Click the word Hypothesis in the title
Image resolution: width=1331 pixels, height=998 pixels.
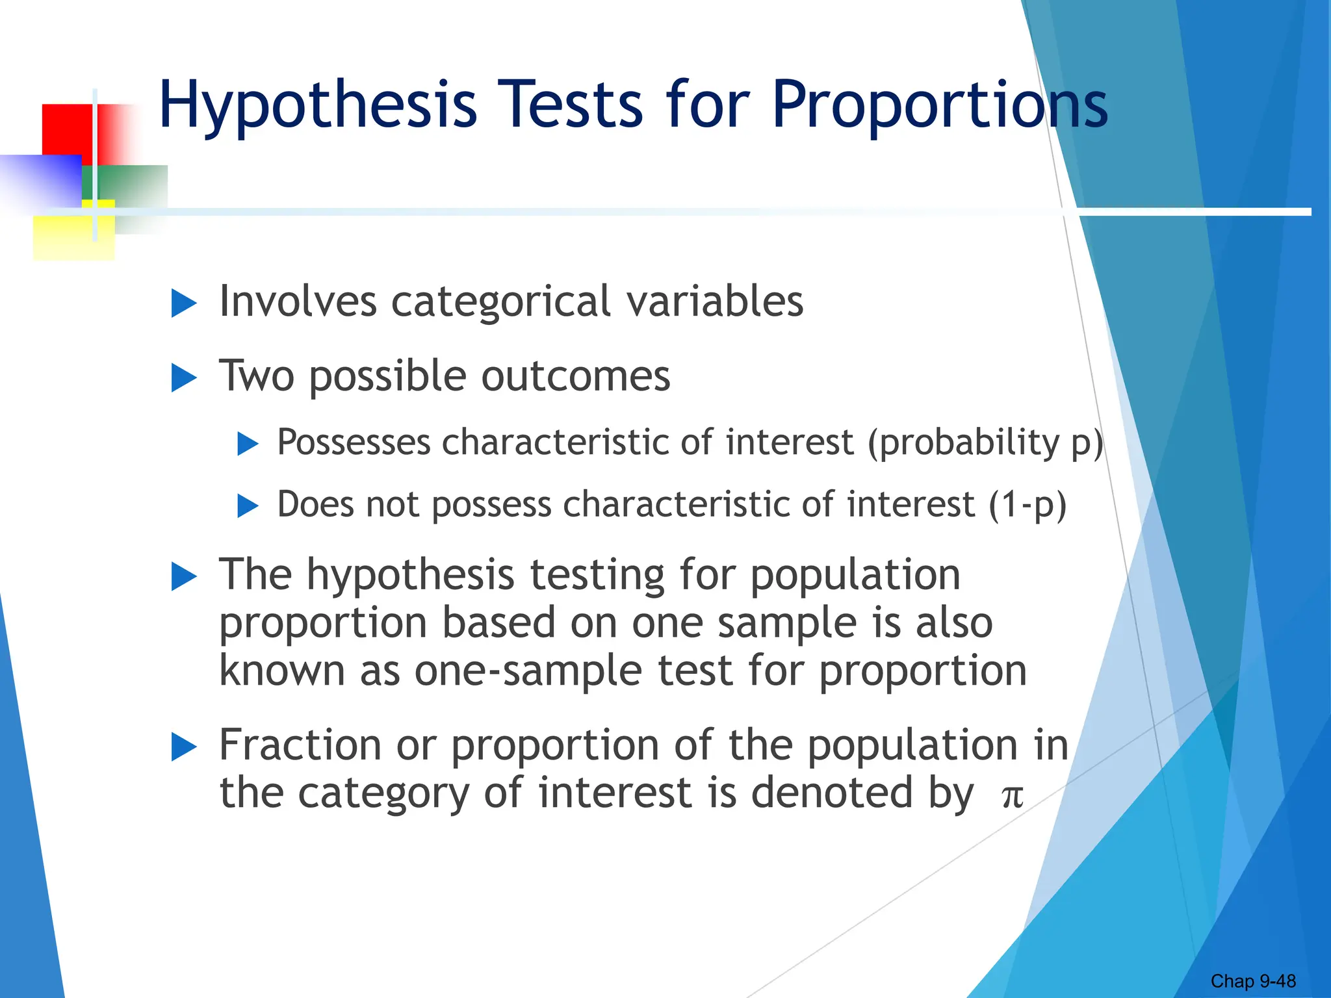click(x=317, y=106)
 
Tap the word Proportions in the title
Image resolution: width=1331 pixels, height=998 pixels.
click(x=939, y=106)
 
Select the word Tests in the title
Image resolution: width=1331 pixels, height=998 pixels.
click(x=571, y=106)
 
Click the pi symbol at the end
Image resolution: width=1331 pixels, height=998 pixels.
click(x=1012, y=796)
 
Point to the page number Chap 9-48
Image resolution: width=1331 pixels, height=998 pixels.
click(x=1252, y=980)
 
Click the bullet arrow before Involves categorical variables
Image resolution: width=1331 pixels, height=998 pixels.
click(x=183, y=303)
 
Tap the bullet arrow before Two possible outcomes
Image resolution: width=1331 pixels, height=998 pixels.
click(x=183, y=377)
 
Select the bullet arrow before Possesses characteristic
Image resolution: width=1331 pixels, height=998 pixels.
click(x=248, y=444)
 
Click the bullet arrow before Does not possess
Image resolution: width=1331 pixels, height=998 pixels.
click(x=248, y=505)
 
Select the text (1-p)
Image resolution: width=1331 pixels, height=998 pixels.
click(x=1027, y=505)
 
